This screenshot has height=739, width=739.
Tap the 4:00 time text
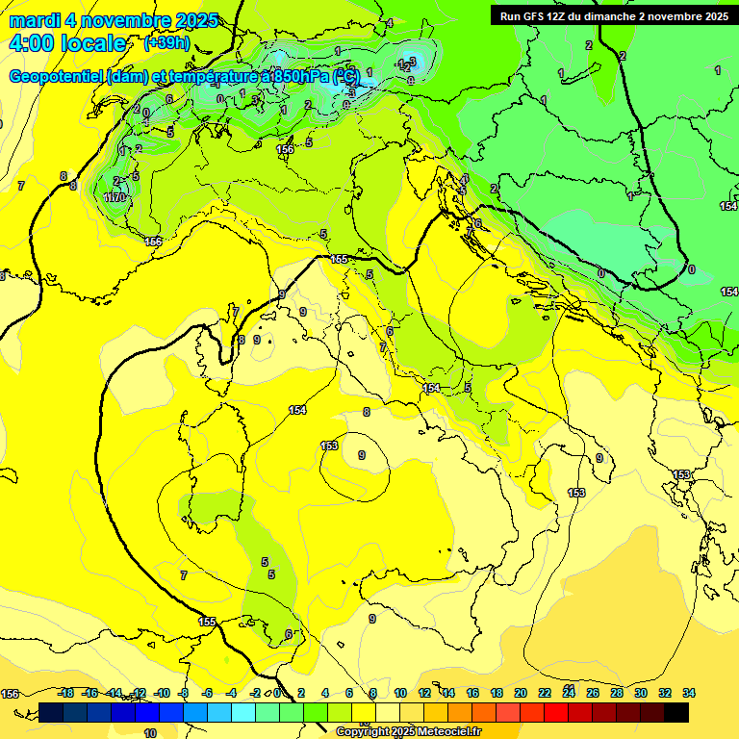35,43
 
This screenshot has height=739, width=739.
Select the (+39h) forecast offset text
166,43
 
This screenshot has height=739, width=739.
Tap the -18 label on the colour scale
66,693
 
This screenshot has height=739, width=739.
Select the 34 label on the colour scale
689,693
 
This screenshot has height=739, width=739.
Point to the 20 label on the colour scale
521,693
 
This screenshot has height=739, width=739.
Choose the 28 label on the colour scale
617,693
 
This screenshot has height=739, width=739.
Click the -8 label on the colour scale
183,693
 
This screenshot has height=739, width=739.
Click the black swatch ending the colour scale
676,712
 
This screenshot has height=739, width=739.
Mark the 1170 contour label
115,197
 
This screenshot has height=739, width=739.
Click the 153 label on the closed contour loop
329,446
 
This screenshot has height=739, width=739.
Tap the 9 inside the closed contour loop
361,455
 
